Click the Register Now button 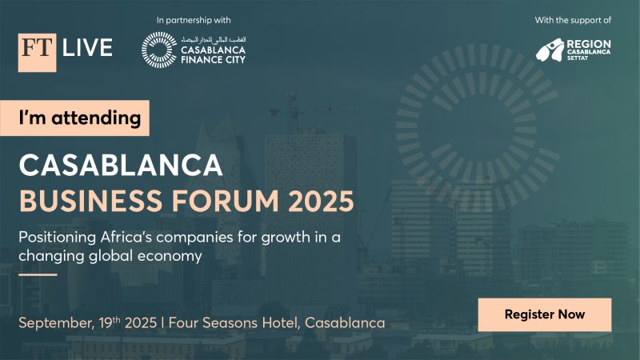point(544,314)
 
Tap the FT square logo point(37,53)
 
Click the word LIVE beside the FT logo point(88,49)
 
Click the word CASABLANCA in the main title point(121,166)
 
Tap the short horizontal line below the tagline point(38,274)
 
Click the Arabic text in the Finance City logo point(213,39)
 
